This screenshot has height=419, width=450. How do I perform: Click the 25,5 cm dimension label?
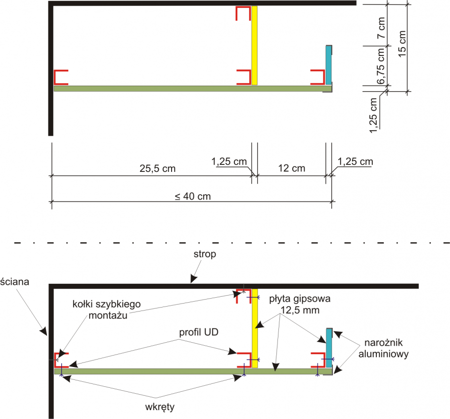[158, 168]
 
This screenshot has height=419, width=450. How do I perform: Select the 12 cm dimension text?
[292, 168]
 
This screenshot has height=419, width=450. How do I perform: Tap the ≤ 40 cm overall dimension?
[193, 196]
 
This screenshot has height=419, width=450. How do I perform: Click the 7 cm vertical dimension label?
[381, 28]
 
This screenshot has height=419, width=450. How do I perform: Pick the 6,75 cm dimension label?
[381, 66]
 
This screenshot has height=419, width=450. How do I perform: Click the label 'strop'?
[205, 255]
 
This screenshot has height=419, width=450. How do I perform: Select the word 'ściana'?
[15, 282]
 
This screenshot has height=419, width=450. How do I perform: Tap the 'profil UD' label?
[199, 332]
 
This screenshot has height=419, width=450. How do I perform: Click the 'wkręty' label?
[160, 407]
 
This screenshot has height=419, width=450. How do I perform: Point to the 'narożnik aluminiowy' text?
[383, 348]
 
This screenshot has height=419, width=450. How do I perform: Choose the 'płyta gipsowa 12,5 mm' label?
[300, 305]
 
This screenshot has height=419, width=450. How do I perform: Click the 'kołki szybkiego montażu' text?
[107, 310]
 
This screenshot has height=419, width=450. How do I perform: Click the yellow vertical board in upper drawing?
[255, 46]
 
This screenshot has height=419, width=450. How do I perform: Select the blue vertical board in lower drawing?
[329, 348]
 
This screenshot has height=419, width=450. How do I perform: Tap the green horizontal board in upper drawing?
[193, 89]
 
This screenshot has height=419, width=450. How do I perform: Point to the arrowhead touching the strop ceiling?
[194, 279]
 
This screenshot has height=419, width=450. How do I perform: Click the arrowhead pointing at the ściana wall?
[44, 331]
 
